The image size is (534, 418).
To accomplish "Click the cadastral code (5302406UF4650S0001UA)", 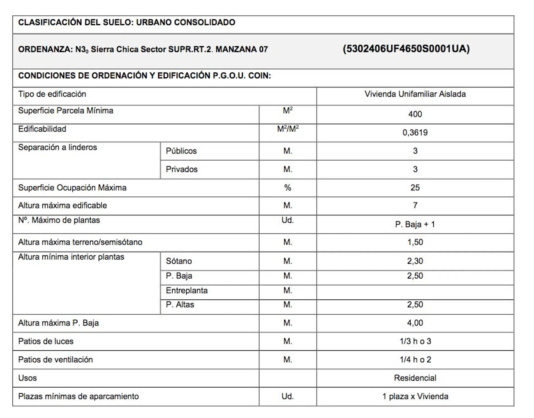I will (x=406, y=49).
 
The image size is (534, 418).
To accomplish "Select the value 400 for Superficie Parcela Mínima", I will (x=415, y=114).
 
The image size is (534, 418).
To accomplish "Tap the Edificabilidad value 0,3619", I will (x=415, y=132).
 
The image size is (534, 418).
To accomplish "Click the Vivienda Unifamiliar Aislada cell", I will (x=415, y=94).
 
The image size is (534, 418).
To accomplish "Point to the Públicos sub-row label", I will (x=181, y=151).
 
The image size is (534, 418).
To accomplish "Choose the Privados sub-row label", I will (x=182, y=169).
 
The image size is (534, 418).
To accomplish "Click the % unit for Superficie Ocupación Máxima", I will (x=288, y=188).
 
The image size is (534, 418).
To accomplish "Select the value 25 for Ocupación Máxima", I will (x=415, y=188).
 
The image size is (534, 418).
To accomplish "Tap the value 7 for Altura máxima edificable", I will (x=415, y=205).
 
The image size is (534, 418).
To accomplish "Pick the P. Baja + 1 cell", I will (x=415, y=224).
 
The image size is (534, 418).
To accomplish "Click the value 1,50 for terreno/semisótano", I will (x=415, y=242).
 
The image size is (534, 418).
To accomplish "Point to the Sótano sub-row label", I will (x=179, y=261).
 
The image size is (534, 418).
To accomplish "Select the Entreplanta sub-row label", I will (x=187, y=290).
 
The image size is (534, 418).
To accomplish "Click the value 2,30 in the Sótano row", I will (x=415, y=261).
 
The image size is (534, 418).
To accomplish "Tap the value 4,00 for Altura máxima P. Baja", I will (x=415, y=323).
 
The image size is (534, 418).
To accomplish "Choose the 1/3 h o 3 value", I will (x=415, y=341).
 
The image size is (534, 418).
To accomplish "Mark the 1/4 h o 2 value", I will (x=415, y=359).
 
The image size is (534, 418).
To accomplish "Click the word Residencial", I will (x=415, y=378).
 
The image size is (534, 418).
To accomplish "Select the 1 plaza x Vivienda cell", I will (x=415, y=396).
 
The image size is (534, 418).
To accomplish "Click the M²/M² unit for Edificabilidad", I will (x=288, y=129).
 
